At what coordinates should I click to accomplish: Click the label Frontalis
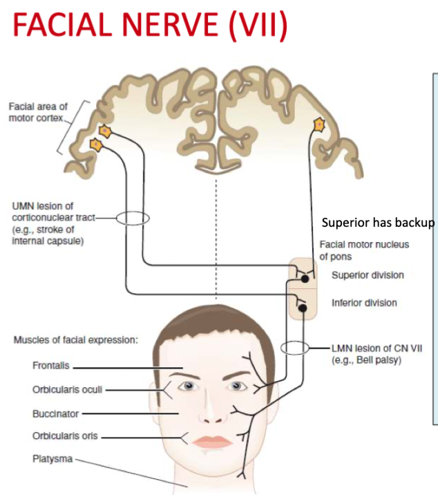pyautogui.click(x=50, y=366)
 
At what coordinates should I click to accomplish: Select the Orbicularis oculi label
pyautogui.click(x=67, y=389)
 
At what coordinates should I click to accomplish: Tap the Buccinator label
pyautogui.click(x=55, y=413)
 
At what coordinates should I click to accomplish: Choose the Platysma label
pyautogui.click(x=52, y=459)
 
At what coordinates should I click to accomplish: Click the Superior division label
pyautogui.click(x=368, y=275)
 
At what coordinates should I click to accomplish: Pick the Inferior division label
pyautogui.click(x=364, y=303)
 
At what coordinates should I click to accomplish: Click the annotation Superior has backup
pyautogui.click(x=378, y=223)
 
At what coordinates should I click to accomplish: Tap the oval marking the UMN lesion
pyautogui.click(x=131, y=218)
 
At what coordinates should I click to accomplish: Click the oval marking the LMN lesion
pyautogui.click(x=296, y=348)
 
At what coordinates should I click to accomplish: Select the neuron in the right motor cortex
pyautogui.click(x=319, y=124)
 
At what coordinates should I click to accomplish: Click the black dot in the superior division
pyautogui.click(x=304, y=279)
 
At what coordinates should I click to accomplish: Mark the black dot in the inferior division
pyautogui.click(x=303, y=306)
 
